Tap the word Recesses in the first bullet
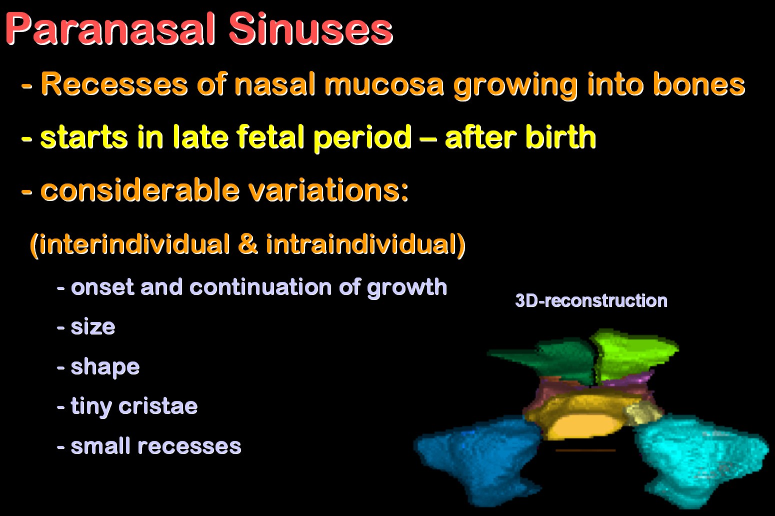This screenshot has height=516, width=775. pyautogui.click(x=114, y=84)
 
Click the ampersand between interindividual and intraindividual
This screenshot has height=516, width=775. pyautogui.click(x=247, y=244)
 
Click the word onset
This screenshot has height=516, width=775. pyautogui.click(x=102, y=287)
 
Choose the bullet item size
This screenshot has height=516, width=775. pyautogui.click(x=92, y=326)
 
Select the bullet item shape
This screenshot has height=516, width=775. pyautogui.click(x=105, y=367)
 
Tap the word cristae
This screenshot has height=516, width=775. pyautogui.click(x=158, y=406)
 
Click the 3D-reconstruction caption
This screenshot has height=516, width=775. pyautogui.click(x=591, y=300)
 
